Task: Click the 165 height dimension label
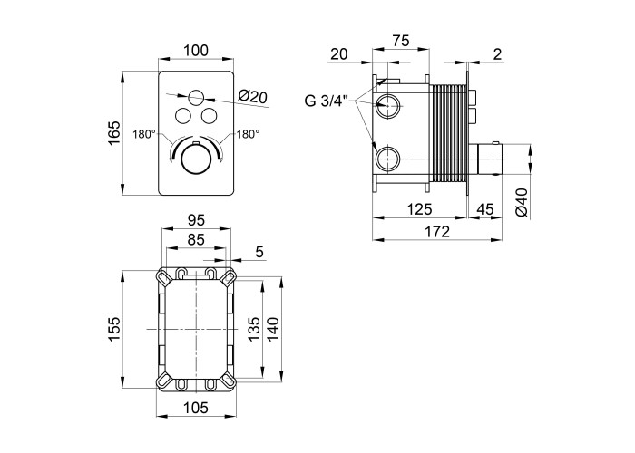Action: click(113, 134)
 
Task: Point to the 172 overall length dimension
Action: click(437, 232)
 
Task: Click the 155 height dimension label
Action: click(113, 327)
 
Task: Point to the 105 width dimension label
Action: click(195, 410)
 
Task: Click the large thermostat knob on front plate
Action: click(193, 161)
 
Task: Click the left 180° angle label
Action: click(142, 134)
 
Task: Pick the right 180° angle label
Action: click(248, 134)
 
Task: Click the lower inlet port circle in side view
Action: click(388, 159)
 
